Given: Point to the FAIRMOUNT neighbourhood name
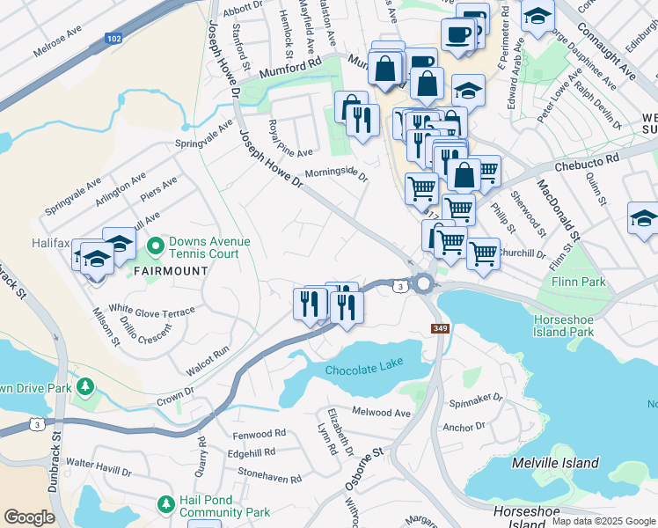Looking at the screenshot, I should coord(171,270).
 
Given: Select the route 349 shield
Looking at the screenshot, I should coord(441,328).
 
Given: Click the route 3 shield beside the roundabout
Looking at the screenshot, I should coord(400,286).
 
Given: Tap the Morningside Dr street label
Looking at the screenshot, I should coord(335,172).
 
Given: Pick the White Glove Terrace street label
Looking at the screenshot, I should coord(151,311).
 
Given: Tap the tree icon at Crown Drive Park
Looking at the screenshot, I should coord(85,387).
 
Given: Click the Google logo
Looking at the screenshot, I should coord(28,517).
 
